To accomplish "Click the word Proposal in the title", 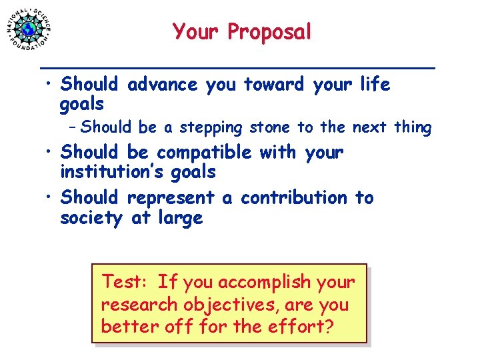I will [269, 31].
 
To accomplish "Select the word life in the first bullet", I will [374, 85].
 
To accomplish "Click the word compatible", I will [204, 153].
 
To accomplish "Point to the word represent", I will [170, 198].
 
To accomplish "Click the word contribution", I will [294, 198].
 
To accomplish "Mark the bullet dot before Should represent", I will [51, 199].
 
